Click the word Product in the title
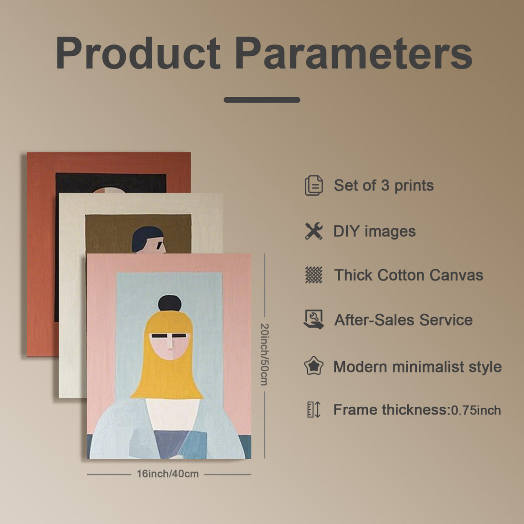click(x=138, y=53)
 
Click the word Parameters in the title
click(x=353, y=53)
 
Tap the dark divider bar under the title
click(x=262, y=100)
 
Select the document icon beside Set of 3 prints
click(x=313, y=185)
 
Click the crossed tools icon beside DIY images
click(x=313, y=231)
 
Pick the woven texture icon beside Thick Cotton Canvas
click(x=313, y=275)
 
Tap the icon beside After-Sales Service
click(x=313, y=320)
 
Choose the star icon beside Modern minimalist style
click(x=313, y=366)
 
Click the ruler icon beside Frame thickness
click(x=313, y=410)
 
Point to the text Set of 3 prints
click(x=383, y=185)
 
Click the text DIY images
click(x=374, y=232)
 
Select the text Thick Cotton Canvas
click(x=408, y=275)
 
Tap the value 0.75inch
click(x=476, y=410)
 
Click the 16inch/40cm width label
click(x=168, y=474)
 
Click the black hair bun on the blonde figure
click(x=170, y=303)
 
